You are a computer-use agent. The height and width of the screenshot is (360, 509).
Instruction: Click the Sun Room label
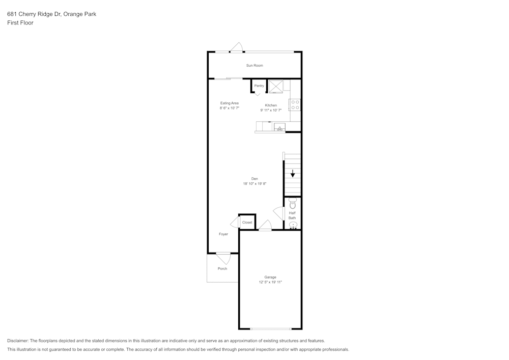tap(254, 65)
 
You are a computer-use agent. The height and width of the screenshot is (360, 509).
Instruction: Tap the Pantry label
tap(259, 86)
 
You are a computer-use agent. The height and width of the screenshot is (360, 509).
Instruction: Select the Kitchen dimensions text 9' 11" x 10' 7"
tap(271, 110)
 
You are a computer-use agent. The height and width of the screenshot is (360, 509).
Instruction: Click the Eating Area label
tap(229, 103)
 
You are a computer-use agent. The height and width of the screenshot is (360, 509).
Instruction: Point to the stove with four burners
tap(295, 105)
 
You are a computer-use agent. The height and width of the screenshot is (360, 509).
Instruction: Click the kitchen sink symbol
tap(279, 127)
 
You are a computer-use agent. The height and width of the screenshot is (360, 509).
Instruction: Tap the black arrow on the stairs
tap(293, 174)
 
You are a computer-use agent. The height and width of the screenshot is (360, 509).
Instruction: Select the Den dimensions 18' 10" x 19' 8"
tap(254, 183)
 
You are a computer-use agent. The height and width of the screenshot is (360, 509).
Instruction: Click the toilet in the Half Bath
tap(292, 204)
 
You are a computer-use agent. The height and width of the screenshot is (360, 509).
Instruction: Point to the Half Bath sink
tap(293, 225)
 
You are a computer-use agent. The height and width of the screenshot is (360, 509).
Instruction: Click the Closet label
tap(247, 223)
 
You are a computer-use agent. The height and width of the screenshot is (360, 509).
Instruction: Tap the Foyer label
tap(223, 234)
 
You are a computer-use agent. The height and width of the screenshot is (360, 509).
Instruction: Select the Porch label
tap(222, 268)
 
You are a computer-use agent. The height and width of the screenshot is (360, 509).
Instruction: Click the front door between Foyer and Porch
tap(223, 257)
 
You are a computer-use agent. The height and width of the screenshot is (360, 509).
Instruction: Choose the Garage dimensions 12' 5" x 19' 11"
tap(270, 282)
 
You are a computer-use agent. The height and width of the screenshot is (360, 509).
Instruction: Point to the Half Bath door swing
tap(279, 213)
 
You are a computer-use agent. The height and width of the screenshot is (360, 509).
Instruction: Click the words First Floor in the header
tap(20, 23)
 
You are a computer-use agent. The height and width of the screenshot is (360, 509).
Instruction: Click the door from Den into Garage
tap(265, 225)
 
